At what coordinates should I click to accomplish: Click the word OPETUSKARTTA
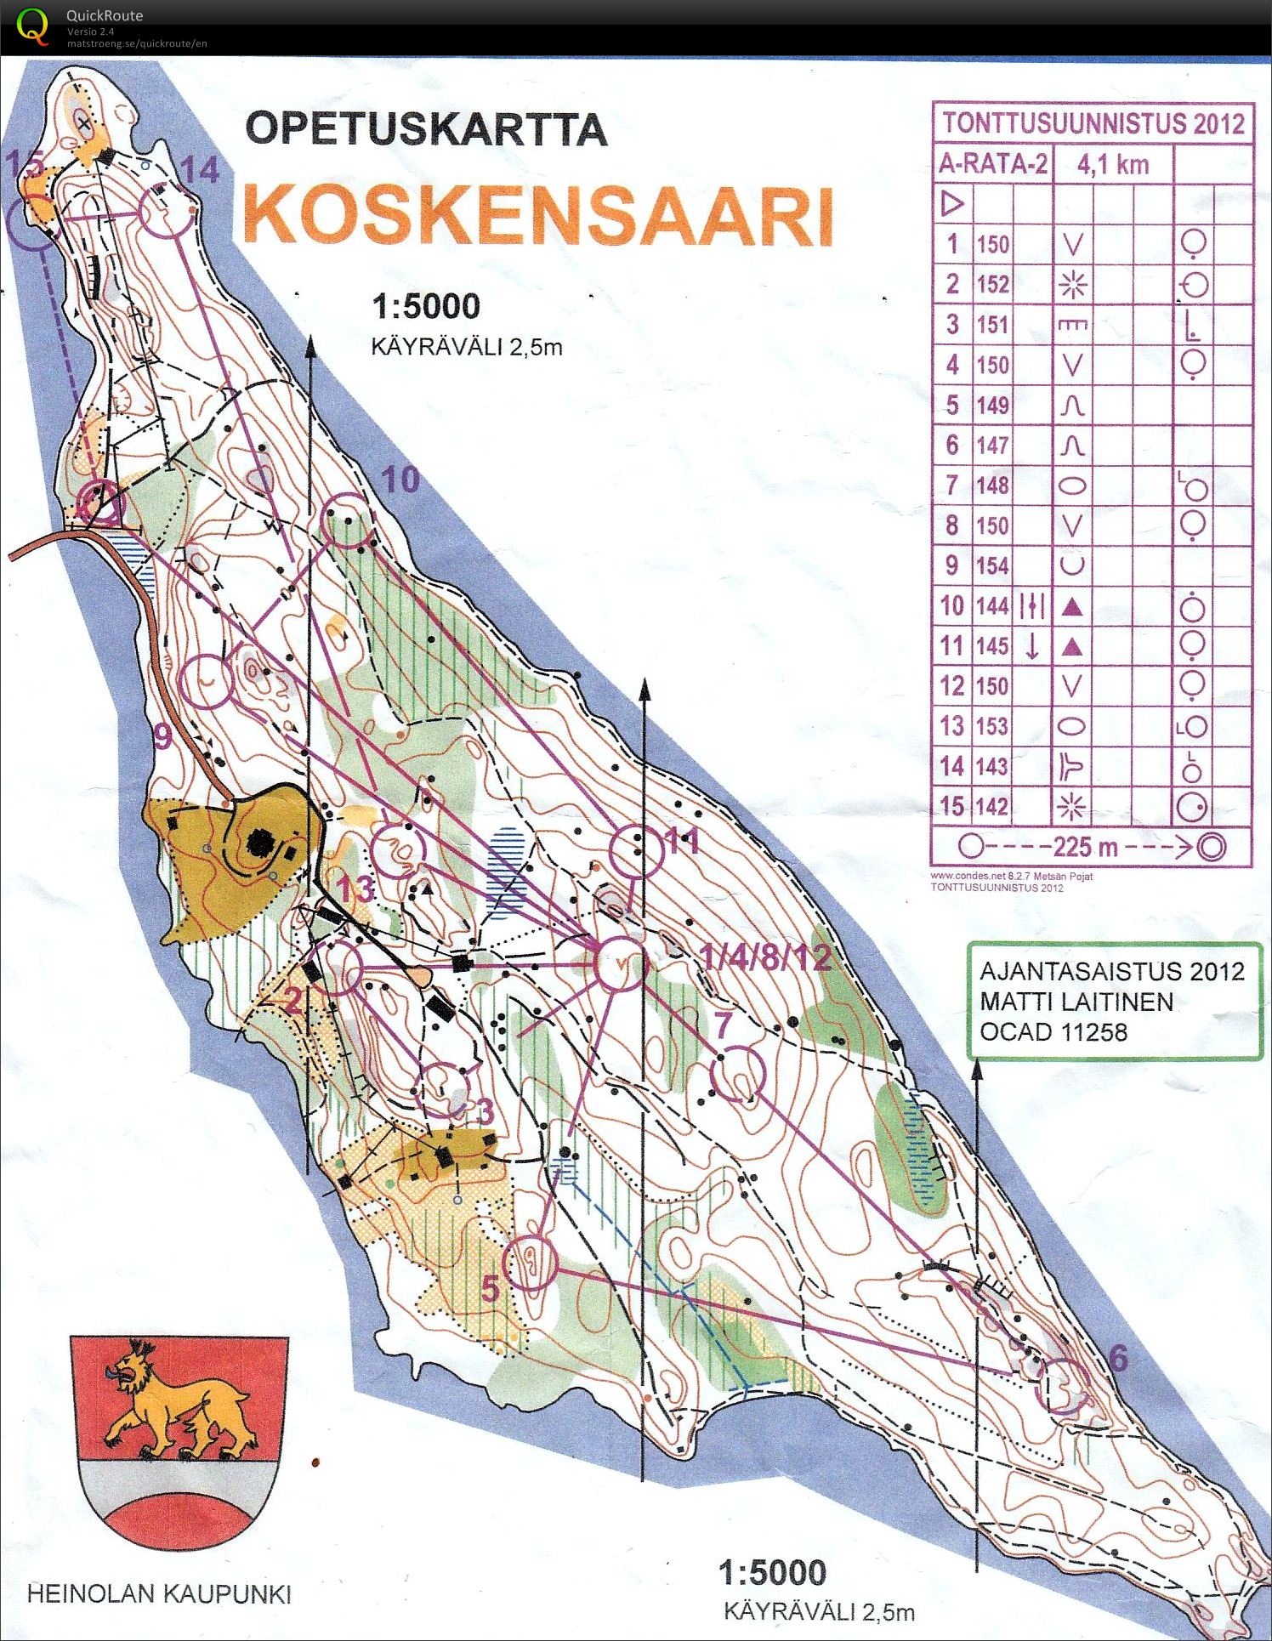[x=426, y=129]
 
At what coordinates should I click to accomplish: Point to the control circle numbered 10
[x=348, y=520]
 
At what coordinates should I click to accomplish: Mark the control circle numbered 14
[x=166, y=212]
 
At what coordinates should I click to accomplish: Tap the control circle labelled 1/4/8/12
[x=621, y=963]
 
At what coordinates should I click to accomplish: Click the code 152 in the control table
[x=991, y=284]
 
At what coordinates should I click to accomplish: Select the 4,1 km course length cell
[x=1113, y=163]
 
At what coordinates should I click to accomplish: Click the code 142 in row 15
[x=991, y=806]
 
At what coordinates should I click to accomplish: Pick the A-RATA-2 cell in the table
[x=992, y=163]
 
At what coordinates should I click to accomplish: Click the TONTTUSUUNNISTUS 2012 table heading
[x=1093, y=122]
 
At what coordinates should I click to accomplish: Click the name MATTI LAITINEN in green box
[x=1076, y=1002]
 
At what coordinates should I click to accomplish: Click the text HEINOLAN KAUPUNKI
[x=159, y=1594]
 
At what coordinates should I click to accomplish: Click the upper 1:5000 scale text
[x=426, y=307]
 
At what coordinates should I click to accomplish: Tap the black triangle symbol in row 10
[x=1072, y=606]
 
